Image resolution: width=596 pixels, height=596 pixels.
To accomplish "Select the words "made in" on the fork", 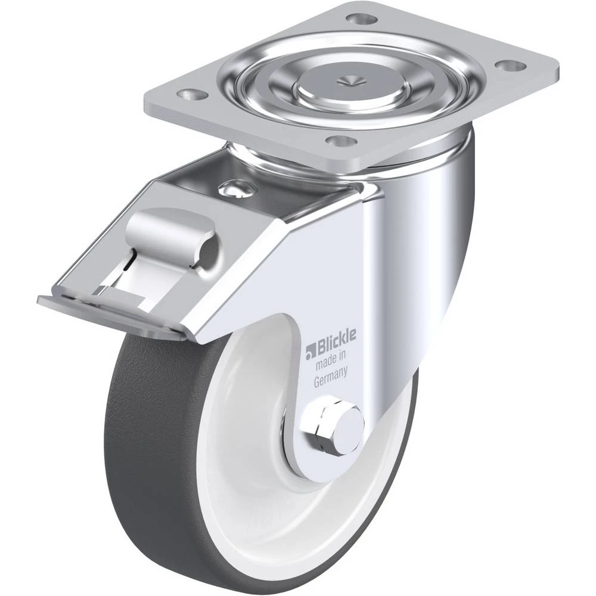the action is [331, 359].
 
